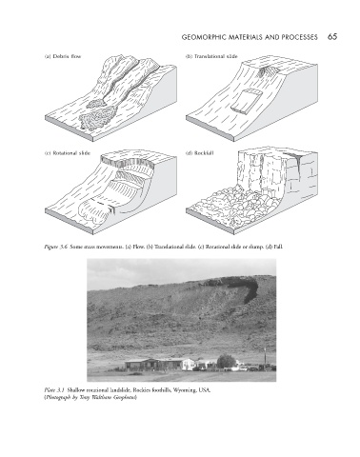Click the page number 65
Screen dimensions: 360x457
pyautogui.click(x=332, y=37)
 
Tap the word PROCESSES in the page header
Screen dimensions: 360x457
pyautogui.click(x=300, y=37)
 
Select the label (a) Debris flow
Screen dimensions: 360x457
pyautogui.click(x=63, y=56)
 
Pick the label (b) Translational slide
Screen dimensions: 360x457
pyautogui.click(x=211, y=56)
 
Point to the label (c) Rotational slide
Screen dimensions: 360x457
pyautogui.click(x=67, y=153)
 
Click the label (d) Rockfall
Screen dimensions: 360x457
pyautogui.click(x=199, y=153)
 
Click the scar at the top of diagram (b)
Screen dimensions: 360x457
pyautogui.click(x=268, y=71)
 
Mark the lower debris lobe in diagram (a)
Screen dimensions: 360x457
pyautogui.click(x=96, y=118)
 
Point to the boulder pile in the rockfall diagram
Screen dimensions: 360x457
pyautogui.click(x=235, y=205)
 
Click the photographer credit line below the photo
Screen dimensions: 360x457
pyautogui.click(x=90, y=397)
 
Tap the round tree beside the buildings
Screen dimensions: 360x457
pyautogui.click(x=226, y=362)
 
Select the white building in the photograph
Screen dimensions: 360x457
pyautogui.click(x=189, y=365)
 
